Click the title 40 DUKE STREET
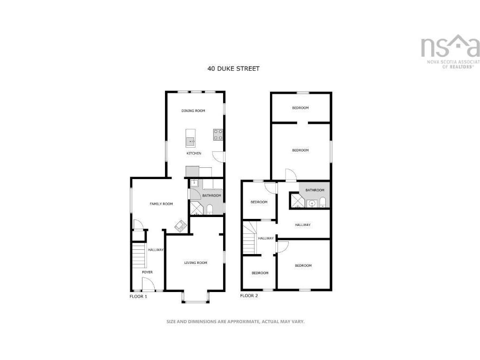[233, 68]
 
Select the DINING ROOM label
[194, 111]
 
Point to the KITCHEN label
[194, 153]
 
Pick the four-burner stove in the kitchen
[218, 135]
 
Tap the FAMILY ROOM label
[161, 204]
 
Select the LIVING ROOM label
[195, 263]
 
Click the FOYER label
[147, 272]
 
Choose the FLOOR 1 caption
[138, 297]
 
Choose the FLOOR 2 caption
[249, 296]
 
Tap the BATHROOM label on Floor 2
[315, 190]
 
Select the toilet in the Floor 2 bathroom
[322, 202]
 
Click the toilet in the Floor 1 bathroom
[210, 209]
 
